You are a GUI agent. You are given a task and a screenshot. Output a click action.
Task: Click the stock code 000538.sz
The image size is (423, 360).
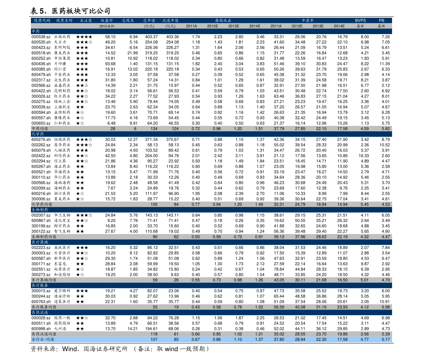coord(41,37)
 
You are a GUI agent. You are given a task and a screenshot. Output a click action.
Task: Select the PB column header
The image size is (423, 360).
coord(381,21)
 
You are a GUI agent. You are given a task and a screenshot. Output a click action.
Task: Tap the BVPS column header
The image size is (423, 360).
coord(360,21)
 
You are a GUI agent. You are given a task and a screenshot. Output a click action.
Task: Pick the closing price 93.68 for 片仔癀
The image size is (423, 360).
coord(110,64)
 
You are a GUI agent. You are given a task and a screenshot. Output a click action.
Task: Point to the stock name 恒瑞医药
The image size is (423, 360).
coord(62,140)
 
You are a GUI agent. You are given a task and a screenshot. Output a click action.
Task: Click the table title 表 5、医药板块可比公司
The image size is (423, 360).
coord(70,11)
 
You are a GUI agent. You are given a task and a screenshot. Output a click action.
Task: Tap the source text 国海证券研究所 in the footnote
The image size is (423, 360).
coord(105,349)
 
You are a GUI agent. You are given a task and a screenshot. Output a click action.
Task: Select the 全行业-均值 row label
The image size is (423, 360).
coord(43,339)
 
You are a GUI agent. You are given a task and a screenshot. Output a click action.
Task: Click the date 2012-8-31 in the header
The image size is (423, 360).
coord(107,26)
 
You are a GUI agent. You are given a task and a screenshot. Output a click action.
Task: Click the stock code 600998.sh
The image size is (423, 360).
coord(41,329)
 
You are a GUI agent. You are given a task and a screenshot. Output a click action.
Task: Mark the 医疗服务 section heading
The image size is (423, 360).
coord(40,285)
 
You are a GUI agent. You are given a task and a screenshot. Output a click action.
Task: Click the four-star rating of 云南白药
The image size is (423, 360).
coord(84,37)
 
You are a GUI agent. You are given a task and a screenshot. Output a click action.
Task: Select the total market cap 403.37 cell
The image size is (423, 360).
coord(151,37)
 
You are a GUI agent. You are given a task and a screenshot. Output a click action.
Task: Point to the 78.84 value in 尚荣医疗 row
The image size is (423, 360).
coord(279,269)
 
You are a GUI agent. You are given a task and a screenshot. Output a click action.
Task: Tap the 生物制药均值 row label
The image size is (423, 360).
coord(44,237)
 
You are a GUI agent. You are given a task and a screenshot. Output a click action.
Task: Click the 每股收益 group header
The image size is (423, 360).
coord(223,21)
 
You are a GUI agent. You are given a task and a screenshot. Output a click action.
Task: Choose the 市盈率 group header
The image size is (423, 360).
coord(308,21)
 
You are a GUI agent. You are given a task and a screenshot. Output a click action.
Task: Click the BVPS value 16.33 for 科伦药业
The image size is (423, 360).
coord(364,156)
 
